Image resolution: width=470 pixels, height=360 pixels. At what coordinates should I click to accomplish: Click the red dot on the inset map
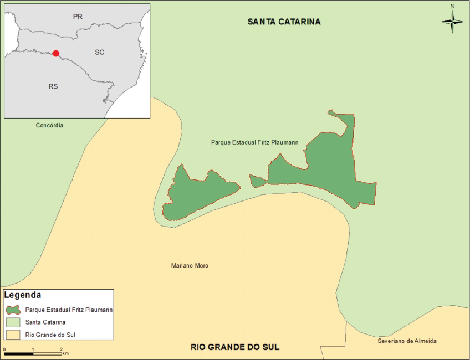55,53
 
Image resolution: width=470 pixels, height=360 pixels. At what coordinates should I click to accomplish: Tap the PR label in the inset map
78,17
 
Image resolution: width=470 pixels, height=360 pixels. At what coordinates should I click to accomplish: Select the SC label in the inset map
100,52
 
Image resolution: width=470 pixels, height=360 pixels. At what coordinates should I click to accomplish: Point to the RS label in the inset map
53,86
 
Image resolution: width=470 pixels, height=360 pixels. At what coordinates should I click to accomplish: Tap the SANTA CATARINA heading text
284,22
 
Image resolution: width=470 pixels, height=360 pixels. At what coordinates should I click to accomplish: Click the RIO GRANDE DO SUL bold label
235,347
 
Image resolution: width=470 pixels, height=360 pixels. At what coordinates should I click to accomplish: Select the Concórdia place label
49,125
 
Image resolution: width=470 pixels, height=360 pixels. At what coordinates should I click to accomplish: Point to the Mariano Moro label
190,266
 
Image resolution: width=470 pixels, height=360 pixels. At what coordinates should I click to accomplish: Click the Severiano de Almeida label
407,341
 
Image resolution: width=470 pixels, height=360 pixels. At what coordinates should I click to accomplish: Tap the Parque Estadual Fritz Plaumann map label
255,142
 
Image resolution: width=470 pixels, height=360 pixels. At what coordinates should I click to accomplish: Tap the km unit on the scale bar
65,353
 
